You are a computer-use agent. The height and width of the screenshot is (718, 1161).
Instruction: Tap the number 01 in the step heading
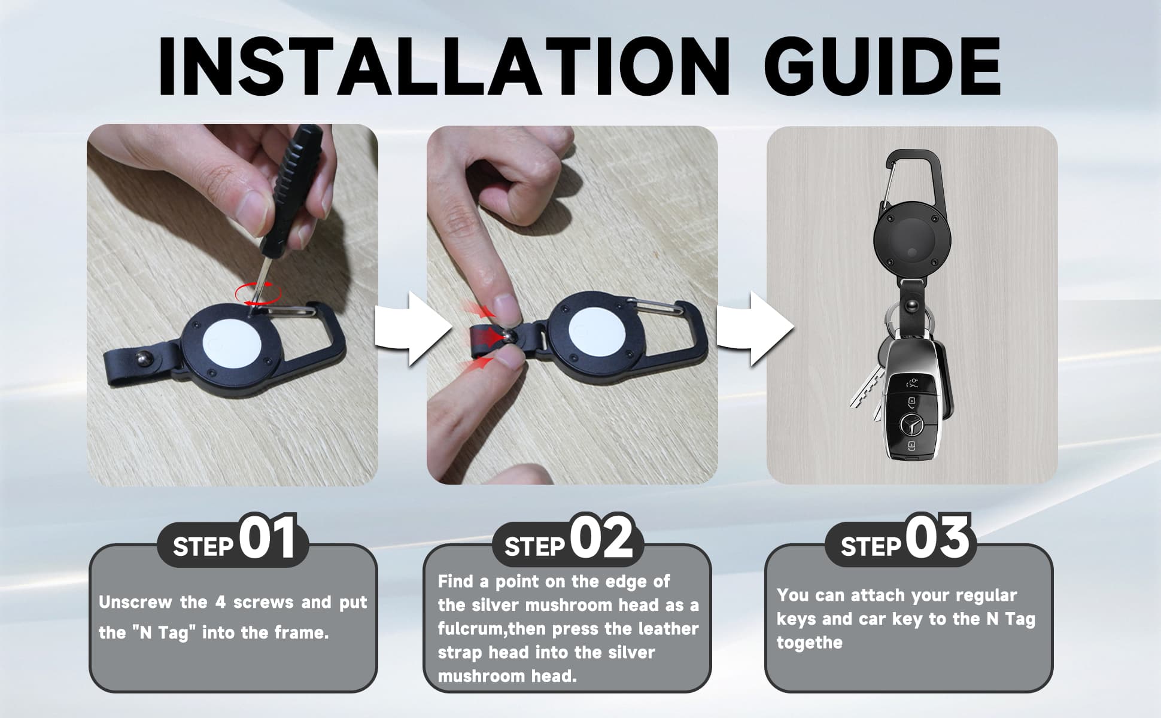pyautogui.click(x=268, y=538)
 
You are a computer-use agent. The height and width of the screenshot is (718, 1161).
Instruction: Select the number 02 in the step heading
pyautogui.click(x=601, y=538)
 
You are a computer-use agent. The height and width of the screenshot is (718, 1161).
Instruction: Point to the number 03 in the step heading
pyautogui.click(x=937, y=538)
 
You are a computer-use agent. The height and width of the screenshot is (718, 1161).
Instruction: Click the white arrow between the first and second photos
pyautogui.click(x=413, y=328)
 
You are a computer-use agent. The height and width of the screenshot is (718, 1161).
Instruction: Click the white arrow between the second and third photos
pyautogui.click(x=755, y=328)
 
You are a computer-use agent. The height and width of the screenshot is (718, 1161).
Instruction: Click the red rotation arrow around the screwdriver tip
pyautogui.click(x=258, y=293)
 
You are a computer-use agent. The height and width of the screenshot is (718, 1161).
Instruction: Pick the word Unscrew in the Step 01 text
pyautogui.click(x=135, y=602)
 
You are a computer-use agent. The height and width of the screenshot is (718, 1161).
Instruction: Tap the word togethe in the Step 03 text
pyautogui.click(x=809, y=643)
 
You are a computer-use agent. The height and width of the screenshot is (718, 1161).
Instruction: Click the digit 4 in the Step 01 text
pyautogui.click(x=220, y=602)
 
